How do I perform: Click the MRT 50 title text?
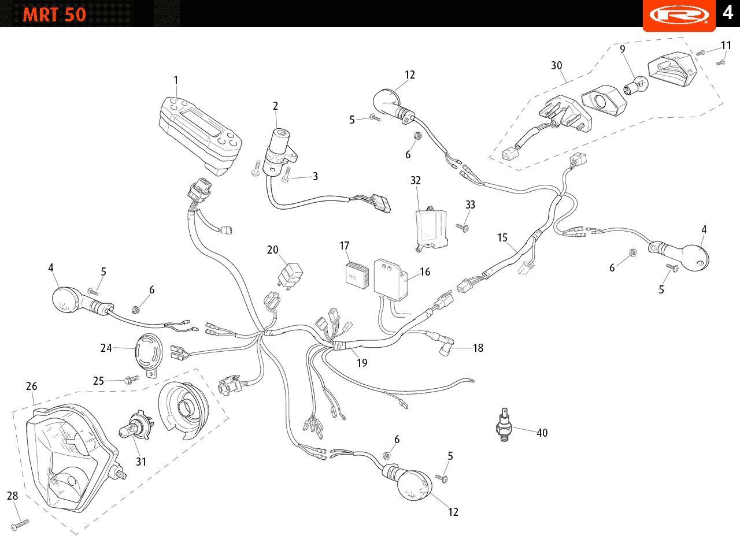54,14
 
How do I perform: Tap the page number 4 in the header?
727,12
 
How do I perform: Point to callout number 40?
542,433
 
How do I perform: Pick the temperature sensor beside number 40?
504,426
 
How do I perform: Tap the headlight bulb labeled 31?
133,429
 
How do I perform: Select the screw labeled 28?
20,523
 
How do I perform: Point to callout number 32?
416,180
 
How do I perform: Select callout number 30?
556,66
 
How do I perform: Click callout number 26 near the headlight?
31,386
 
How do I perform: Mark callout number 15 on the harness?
502,237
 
